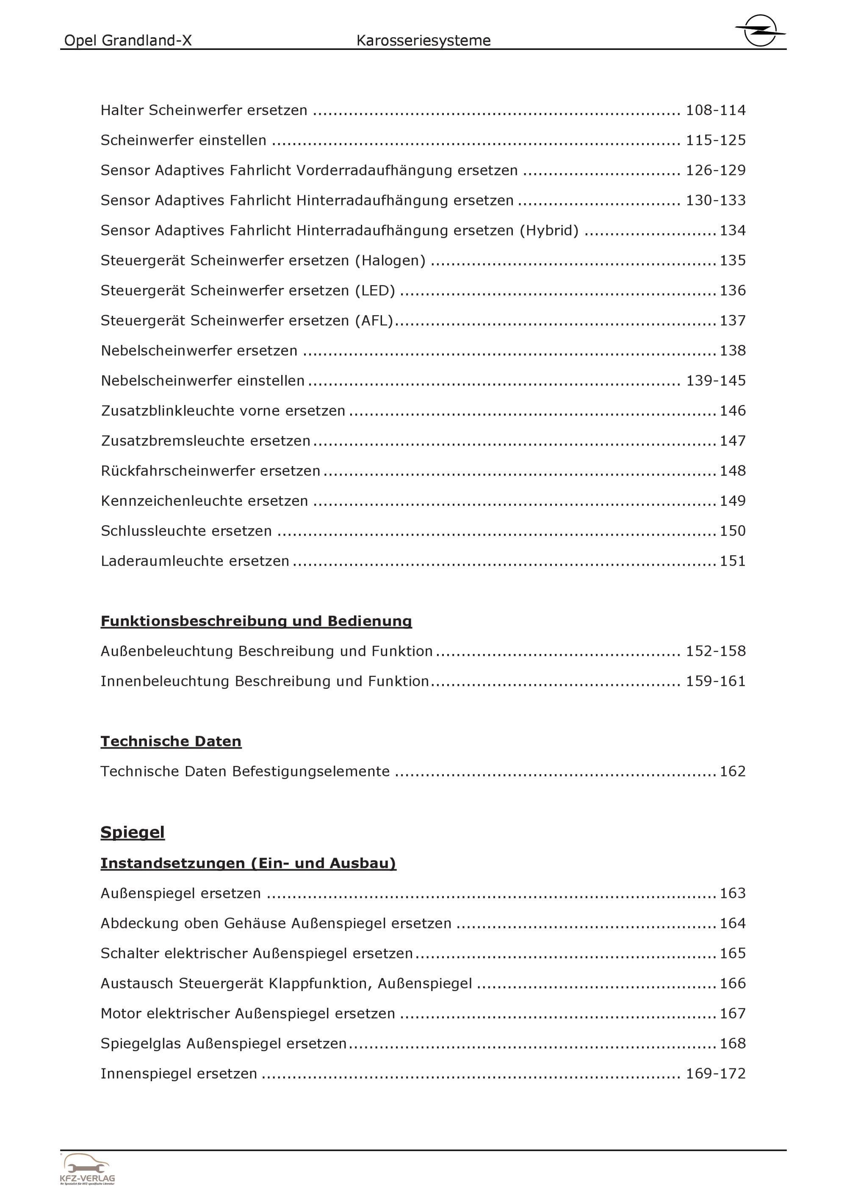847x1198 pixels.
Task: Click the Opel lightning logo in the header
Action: coord(760,30)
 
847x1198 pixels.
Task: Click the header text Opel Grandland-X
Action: coord(128,41)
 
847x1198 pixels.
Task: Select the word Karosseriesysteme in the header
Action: coord(423,41)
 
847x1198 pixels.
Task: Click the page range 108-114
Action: coord(715,110)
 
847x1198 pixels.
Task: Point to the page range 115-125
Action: coord(715,141)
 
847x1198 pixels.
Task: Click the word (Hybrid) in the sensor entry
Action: coord(549,231)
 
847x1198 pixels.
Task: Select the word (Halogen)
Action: coord(390,261)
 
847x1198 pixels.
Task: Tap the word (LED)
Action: coord(375,291)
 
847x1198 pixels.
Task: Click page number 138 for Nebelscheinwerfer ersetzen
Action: coord(733,351)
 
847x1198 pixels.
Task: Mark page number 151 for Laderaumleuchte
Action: coord(733,561)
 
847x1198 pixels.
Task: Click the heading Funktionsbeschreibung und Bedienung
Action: coord(256,621)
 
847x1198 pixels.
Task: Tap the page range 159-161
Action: coord(715,682)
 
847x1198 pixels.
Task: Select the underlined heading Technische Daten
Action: coord(171,741)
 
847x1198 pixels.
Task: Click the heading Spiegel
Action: coord(133,832)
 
